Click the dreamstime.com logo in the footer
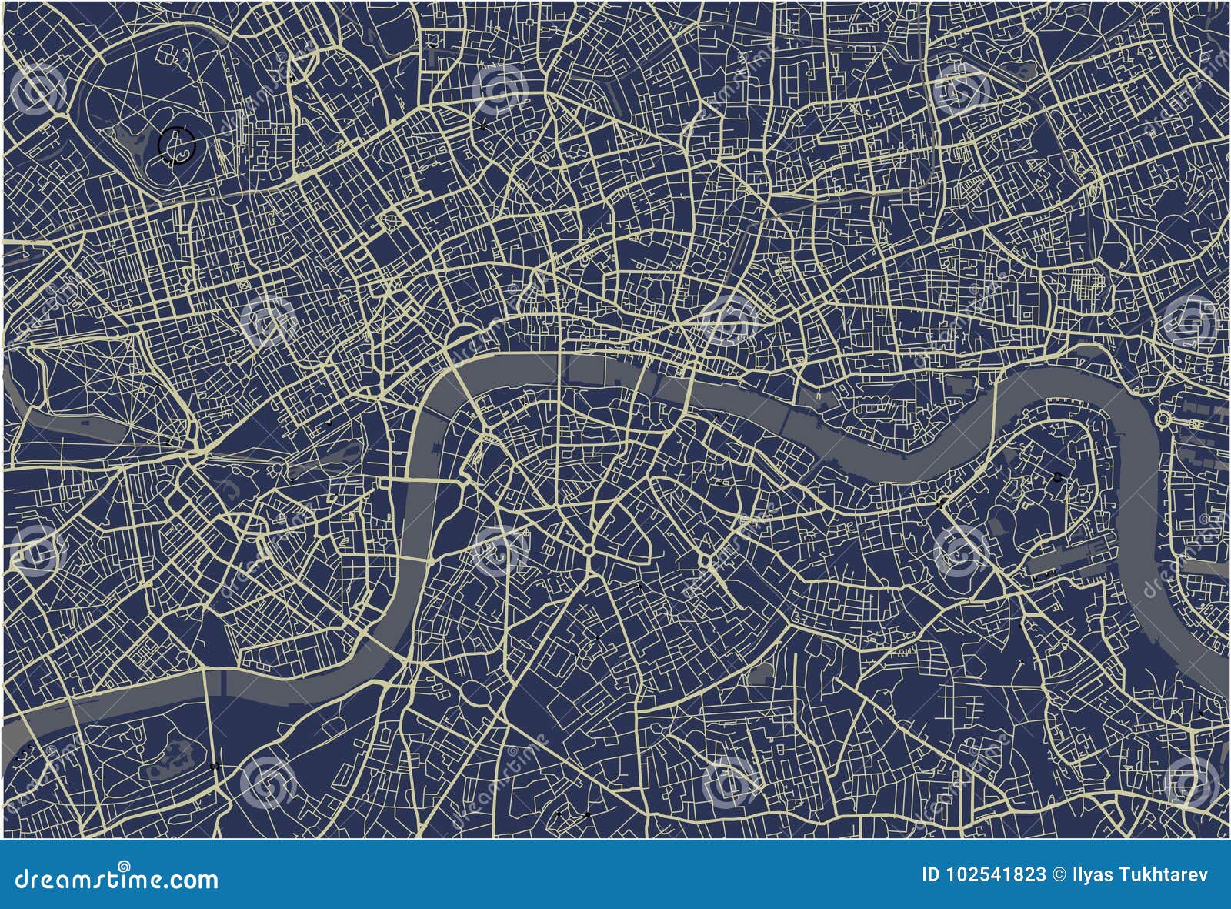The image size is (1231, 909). pyautogui.click(x=111, y=879)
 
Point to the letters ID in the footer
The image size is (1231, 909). pyautogui.click(x=931, y=874)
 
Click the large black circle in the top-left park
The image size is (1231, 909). pyautogui.click(x=177, y=145)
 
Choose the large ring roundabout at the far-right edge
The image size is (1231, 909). pyautogui.click(x=1163, y=419)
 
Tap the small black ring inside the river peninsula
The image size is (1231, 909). pyautogui.click(x=1058, y=477)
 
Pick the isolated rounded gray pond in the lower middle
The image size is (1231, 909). pyautogui.click(x=759, y=672)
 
